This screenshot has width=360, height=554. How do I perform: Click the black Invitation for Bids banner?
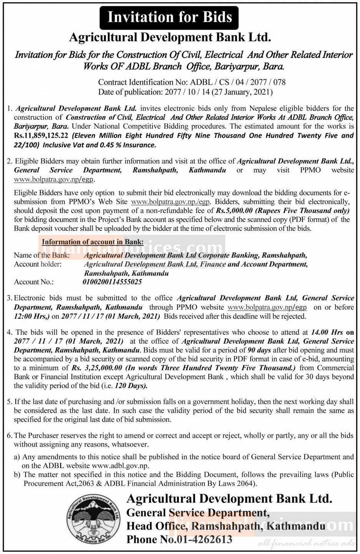point(169,17)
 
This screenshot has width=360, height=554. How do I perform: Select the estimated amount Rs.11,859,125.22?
point(41,135)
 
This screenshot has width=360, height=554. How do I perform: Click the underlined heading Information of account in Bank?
point(92,242)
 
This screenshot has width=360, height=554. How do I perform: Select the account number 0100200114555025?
point(112,282)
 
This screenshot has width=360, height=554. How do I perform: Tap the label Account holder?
point(38,264)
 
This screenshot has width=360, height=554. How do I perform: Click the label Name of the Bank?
point(42,255)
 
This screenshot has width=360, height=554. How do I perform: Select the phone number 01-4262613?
point(204,539)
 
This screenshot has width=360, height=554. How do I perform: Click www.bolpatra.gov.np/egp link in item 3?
point(267,307)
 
